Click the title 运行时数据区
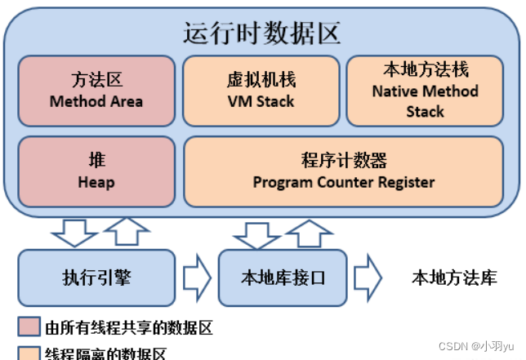262,33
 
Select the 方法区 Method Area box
96,91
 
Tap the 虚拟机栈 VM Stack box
261,91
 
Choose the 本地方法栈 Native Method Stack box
425,91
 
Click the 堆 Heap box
96,171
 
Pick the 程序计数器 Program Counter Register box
343,171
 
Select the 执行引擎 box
96,278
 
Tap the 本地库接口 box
283,278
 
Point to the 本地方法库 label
453,278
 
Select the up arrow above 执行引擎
123,232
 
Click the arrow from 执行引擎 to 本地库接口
197,278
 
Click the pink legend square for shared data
28,328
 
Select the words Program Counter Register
343,181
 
